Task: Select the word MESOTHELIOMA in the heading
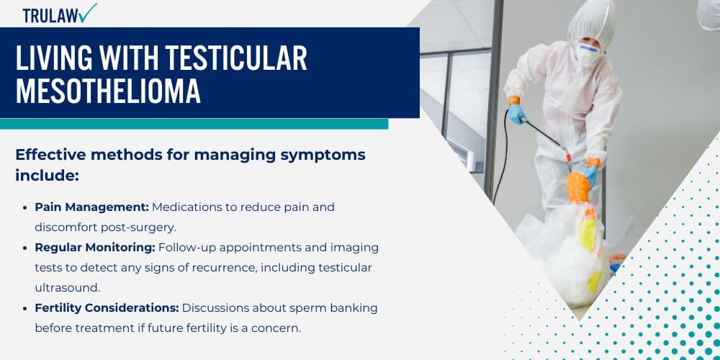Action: (x=108, y=91)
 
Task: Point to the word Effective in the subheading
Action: (x=51, y=155)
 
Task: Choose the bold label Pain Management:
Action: (x=91, y=207)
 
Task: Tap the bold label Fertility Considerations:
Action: (x=107, y=307)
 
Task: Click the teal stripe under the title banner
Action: (x=194, y=124)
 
